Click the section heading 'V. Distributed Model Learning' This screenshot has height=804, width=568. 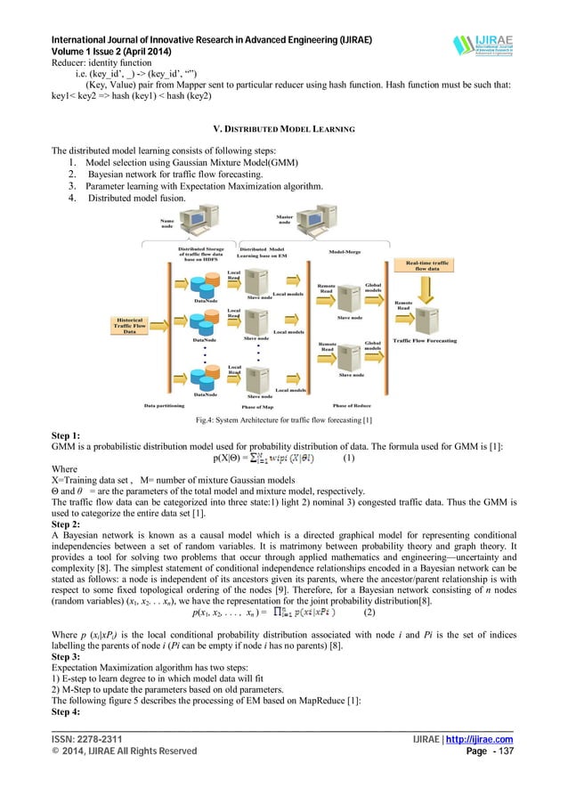(x=282, y=129)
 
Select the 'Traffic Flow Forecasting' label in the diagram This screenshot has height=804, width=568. (x=425, y=341)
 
